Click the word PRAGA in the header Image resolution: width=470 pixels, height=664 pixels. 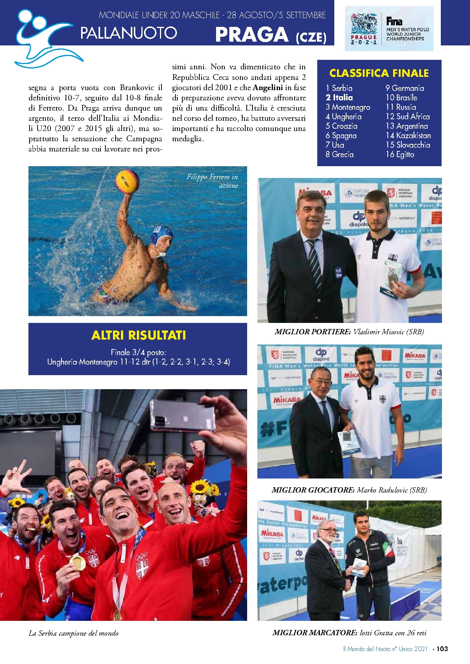252,35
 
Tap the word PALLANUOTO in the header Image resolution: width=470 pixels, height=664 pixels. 128,33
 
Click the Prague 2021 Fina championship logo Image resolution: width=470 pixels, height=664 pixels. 389,29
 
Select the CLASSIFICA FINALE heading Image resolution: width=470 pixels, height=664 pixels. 379,73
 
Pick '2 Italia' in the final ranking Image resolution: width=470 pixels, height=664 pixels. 339,98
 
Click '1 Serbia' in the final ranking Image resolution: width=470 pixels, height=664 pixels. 339,88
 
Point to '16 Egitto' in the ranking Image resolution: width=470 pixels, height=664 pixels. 399,154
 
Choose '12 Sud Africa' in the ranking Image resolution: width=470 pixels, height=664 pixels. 407,117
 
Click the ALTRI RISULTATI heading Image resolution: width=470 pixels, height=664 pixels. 138,335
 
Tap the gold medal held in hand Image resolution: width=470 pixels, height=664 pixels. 78,562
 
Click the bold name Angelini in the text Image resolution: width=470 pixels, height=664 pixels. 268,87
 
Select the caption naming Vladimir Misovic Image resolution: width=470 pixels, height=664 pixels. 349,332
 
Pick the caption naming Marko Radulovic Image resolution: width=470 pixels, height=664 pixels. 349,490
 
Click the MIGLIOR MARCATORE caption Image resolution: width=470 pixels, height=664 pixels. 349,633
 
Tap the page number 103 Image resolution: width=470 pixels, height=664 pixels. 442,648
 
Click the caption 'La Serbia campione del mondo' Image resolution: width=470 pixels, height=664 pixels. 74,633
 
